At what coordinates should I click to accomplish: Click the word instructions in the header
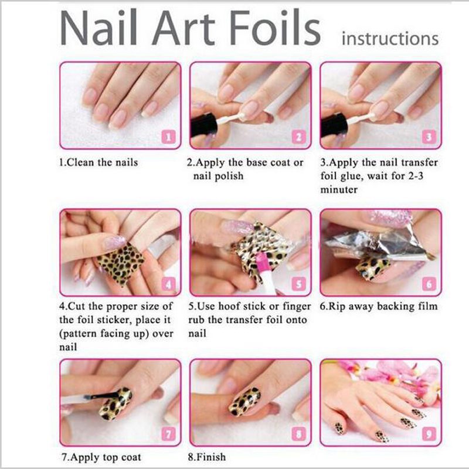(390, 39)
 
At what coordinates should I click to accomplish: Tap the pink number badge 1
(168, 137)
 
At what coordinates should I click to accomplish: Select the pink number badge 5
(298, 285)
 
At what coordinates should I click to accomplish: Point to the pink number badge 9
(429, 435)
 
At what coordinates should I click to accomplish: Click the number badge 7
(168, 434)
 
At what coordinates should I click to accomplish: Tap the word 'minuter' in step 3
(342, 190)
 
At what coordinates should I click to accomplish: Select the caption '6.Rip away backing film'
(379, 306)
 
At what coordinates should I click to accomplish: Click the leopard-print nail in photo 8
(244, 401)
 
